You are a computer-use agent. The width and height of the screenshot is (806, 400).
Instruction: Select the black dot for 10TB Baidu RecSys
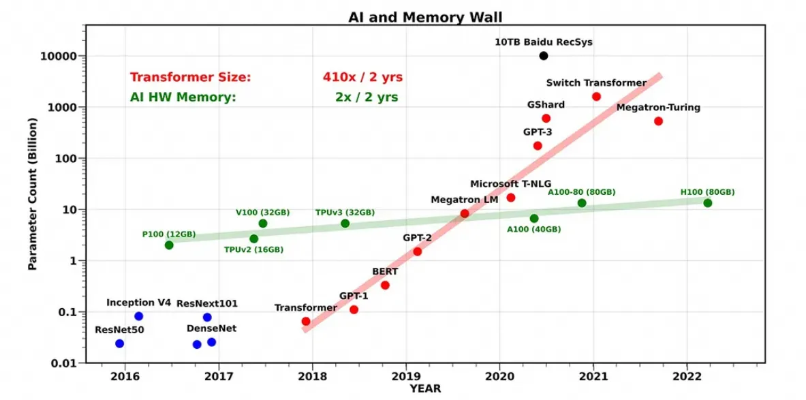(x=544, y=56)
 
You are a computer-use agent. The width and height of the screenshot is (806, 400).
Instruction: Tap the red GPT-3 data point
(x=538, y=146)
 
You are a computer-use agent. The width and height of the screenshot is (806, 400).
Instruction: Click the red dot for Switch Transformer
(x=596, y=97)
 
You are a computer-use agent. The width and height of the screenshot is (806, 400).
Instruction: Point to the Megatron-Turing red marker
(x=658, y=121)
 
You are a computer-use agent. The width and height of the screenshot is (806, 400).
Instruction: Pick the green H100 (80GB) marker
(x=707, y=203)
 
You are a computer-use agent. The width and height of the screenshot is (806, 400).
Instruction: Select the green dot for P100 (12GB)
(x=169, y=245)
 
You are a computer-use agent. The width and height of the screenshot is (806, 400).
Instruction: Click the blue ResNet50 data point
(x=120, y=343)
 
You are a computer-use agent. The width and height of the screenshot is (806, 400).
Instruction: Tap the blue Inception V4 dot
(x=139, y=316)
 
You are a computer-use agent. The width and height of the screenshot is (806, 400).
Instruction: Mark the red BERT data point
(x=385, y=286)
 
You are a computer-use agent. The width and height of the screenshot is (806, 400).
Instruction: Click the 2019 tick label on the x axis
(x=406, y=376)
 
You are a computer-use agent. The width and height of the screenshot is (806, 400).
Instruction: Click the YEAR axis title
(x=425, y=389)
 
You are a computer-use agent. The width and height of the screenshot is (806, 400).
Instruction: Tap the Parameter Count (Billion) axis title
(x=33, y=194)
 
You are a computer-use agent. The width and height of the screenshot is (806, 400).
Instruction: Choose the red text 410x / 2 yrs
(x=362, y=78)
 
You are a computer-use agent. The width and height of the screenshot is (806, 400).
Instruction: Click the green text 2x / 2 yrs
(x=367, y=97)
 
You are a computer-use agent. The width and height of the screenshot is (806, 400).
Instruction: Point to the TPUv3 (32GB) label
(x=345, y=213)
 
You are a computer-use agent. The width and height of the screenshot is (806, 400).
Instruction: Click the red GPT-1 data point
(x=354, y=309)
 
